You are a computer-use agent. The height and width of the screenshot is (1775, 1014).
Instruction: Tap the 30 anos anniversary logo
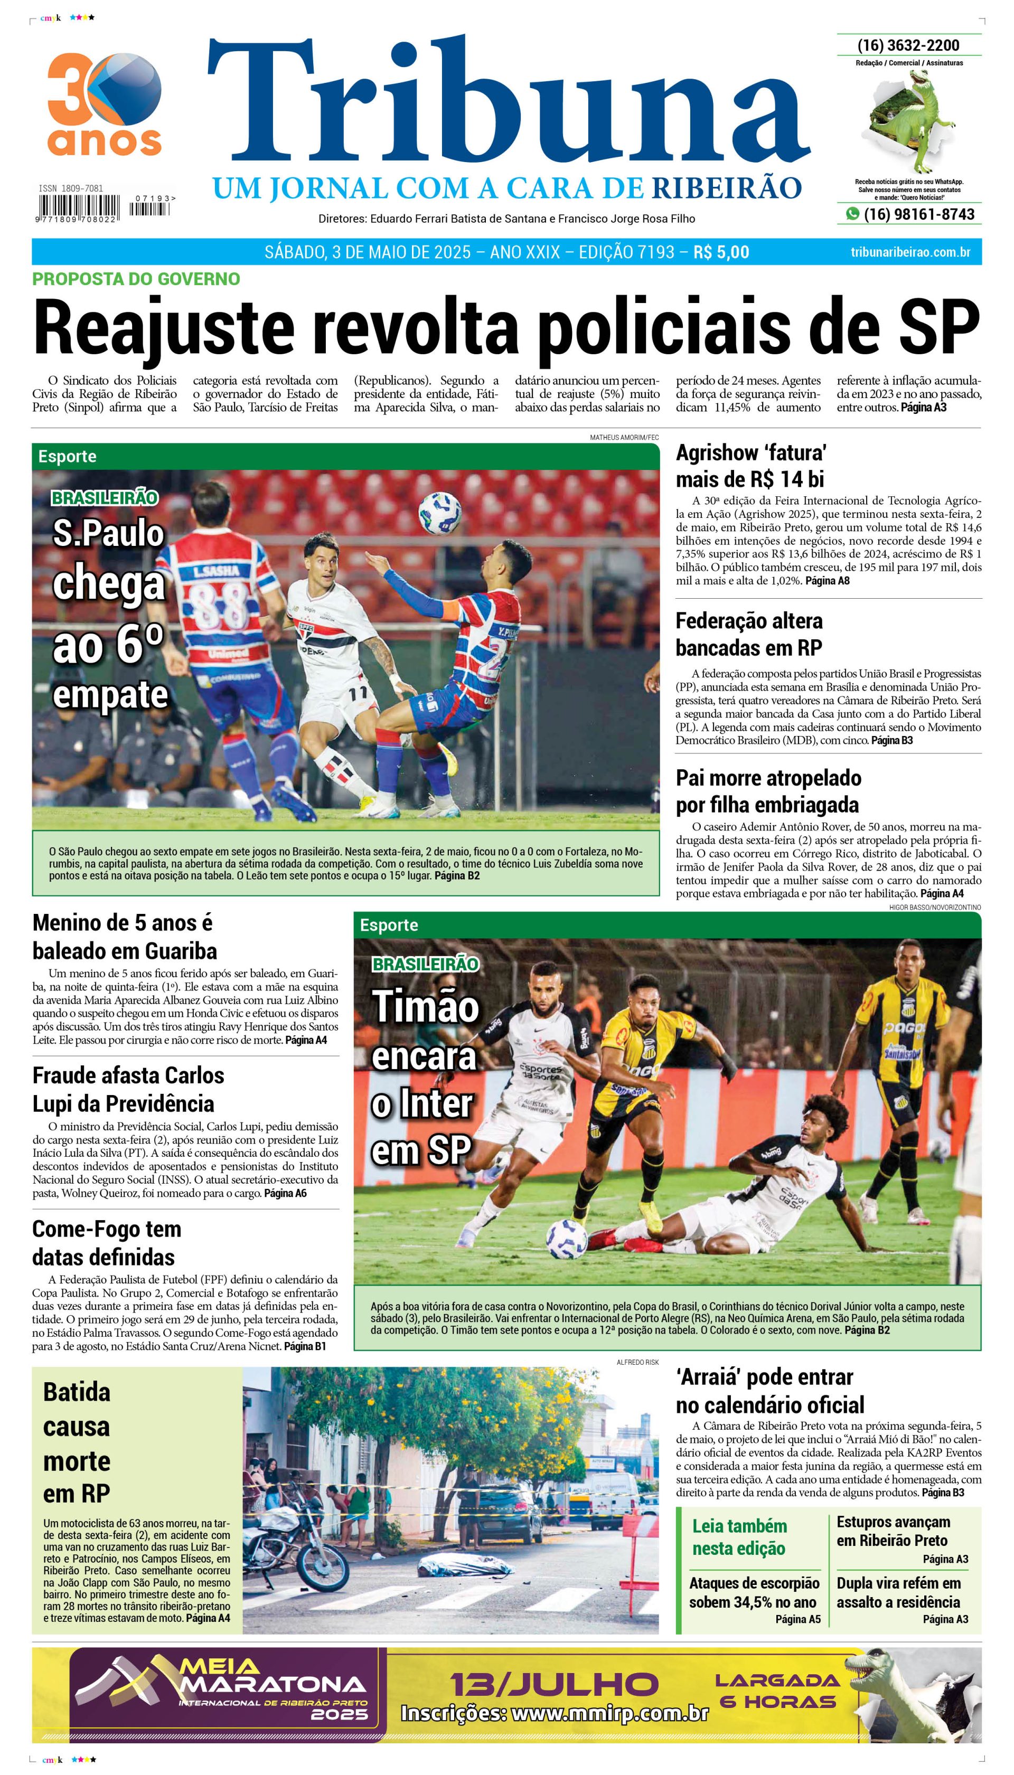105,105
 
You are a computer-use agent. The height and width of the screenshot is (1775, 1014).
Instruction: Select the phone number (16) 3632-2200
908,45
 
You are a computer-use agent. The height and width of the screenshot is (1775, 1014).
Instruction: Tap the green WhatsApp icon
852,214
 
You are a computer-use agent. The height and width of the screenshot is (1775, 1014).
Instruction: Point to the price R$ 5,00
721,252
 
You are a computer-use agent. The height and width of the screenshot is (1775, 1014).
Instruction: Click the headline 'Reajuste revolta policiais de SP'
506,326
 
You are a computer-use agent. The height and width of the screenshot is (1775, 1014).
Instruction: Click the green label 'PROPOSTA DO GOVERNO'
136,279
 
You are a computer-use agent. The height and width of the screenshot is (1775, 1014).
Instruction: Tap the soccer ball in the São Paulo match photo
439,513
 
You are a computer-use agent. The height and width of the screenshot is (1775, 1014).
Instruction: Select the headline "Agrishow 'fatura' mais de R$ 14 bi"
751,466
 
